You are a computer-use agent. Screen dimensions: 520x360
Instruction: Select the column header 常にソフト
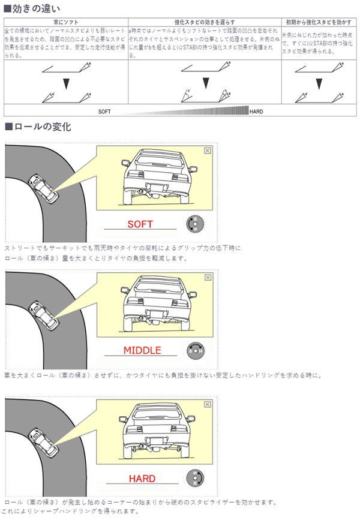[x=66, y=22]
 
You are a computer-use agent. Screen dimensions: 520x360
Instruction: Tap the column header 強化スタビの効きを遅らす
[x=204, y=22]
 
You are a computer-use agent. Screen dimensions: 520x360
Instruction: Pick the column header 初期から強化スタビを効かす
[x=319, y=22]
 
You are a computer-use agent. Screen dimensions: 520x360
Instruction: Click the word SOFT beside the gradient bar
[x=105, y=112]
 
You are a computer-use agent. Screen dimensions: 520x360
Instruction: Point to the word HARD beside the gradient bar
[x=256, y=112]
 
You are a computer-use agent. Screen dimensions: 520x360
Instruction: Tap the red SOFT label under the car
[x=140, y=224]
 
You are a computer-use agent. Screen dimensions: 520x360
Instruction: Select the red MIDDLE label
[x=142, y=350]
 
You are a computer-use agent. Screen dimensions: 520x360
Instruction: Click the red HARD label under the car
[x=142, y=479]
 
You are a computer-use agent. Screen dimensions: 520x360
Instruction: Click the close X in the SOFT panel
[x=207, y=151]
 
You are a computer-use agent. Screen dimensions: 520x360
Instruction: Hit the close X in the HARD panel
[x=208, y=405]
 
